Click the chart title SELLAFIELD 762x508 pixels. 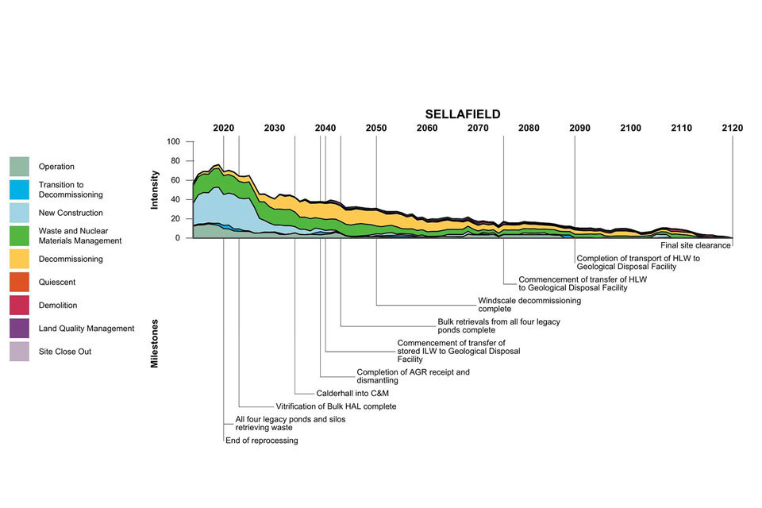(463, 114)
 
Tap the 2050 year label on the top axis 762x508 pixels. (376, 129)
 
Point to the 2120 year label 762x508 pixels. (732, 129)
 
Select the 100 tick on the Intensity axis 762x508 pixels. (174, 142)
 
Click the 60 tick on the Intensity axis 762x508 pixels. (176, 180)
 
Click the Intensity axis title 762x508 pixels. (156, 190)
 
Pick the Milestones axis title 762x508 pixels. (156, 343)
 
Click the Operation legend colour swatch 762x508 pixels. (20, 167)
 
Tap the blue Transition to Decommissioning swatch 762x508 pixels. (20, 190)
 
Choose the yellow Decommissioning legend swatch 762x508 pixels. (20, 259)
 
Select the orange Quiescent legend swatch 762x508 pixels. (20, 282)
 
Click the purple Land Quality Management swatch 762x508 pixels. (20, 328)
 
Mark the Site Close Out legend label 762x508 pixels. (65, 352)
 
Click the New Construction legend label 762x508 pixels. (71, 213)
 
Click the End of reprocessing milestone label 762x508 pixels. (262, 441)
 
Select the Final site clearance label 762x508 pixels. (695, 245)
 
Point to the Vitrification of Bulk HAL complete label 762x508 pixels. (330, 406)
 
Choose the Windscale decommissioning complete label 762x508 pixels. (529, 305)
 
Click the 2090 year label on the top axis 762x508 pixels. (580, 129)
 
